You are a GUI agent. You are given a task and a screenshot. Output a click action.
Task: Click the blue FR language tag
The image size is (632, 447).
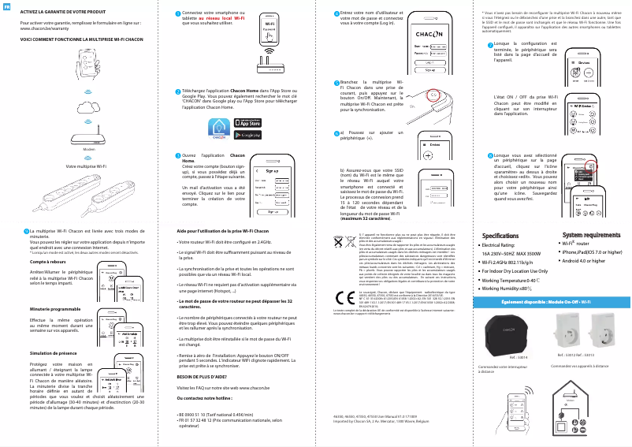(x=6, y=7)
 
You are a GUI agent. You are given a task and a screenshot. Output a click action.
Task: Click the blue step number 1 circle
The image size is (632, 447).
(x=177, y=13)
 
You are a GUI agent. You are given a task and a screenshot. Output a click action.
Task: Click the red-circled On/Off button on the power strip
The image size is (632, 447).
(x=433, y=94)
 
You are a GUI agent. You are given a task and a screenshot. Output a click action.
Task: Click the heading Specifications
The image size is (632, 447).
(x=500, y=235)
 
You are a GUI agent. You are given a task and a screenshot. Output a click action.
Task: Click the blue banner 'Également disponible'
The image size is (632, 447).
(x=546, y=302)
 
